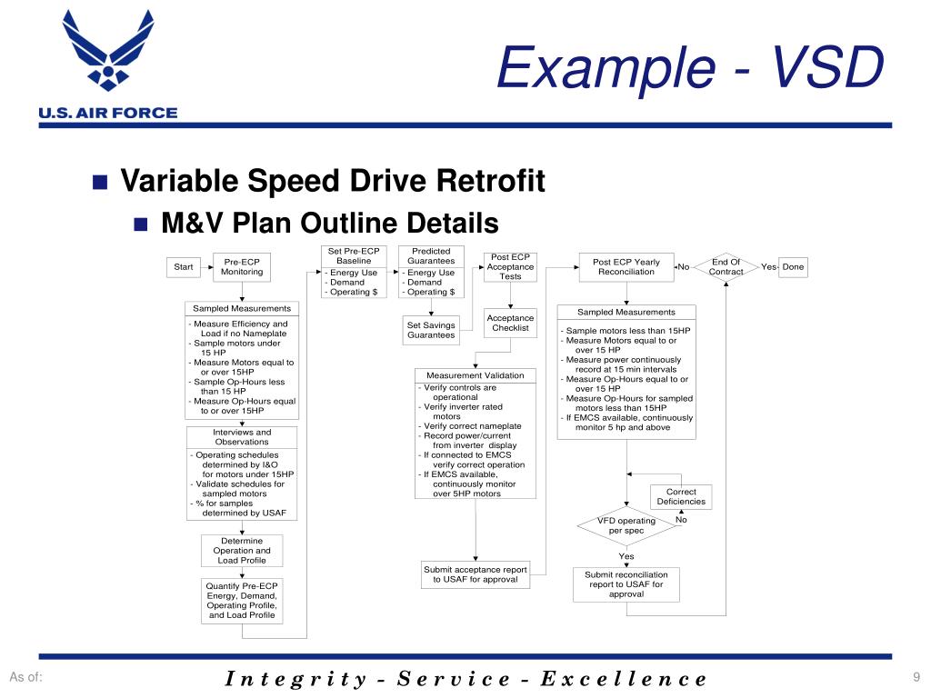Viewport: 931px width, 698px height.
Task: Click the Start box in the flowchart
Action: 184,266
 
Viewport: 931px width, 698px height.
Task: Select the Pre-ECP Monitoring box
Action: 242,266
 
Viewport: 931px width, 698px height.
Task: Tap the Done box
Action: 794,266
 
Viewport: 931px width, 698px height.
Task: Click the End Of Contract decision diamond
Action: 726,266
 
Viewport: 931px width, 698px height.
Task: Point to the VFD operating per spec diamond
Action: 626,525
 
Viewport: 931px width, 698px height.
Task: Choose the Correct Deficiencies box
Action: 681,497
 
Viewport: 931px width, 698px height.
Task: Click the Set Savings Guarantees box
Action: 431,330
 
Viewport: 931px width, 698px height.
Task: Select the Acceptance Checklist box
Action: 510,323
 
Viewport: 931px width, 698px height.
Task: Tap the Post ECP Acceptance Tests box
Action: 510,266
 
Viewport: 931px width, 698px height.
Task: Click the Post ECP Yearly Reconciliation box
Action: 626,266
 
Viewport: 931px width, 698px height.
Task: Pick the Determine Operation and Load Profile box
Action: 241,550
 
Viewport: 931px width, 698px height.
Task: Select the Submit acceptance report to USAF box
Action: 476,574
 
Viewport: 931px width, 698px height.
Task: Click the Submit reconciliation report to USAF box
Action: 626,584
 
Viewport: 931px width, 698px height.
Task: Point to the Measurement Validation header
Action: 475,375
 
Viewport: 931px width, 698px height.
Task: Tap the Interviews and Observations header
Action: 242,437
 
